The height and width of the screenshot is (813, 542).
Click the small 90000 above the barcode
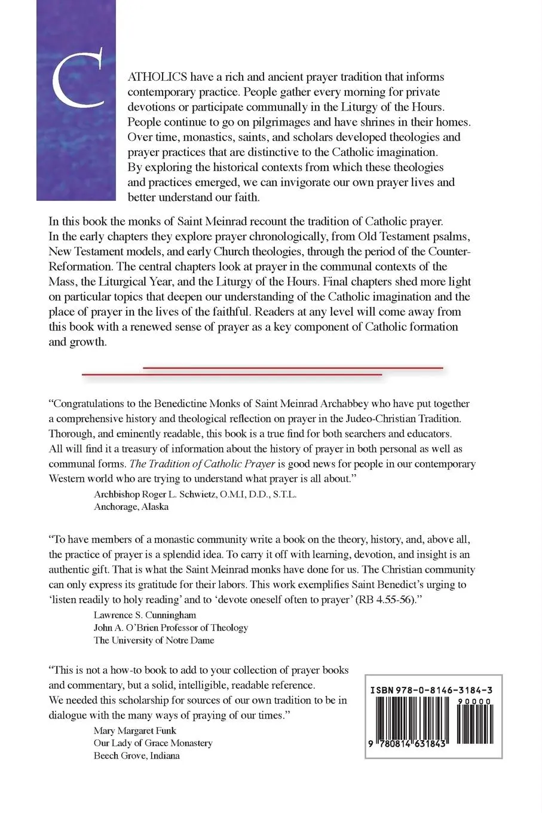(x=476, y=701)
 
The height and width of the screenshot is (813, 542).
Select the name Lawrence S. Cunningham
(x=145, y=615)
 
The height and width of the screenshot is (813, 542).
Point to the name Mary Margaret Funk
(x=135, y=731)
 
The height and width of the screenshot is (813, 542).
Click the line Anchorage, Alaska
(x=131, y=506)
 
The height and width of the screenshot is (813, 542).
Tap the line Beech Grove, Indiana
(x=137, y=755)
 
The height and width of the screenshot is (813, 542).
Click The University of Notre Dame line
(x=154, y=640)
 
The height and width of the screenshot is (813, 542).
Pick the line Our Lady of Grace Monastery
(x=153, y=743)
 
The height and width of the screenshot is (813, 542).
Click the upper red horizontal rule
(x=293, y=368)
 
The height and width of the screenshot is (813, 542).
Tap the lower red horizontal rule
(x=232, y=374)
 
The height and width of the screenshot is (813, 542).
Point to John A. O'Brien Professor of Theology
(x=171, y=627)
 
